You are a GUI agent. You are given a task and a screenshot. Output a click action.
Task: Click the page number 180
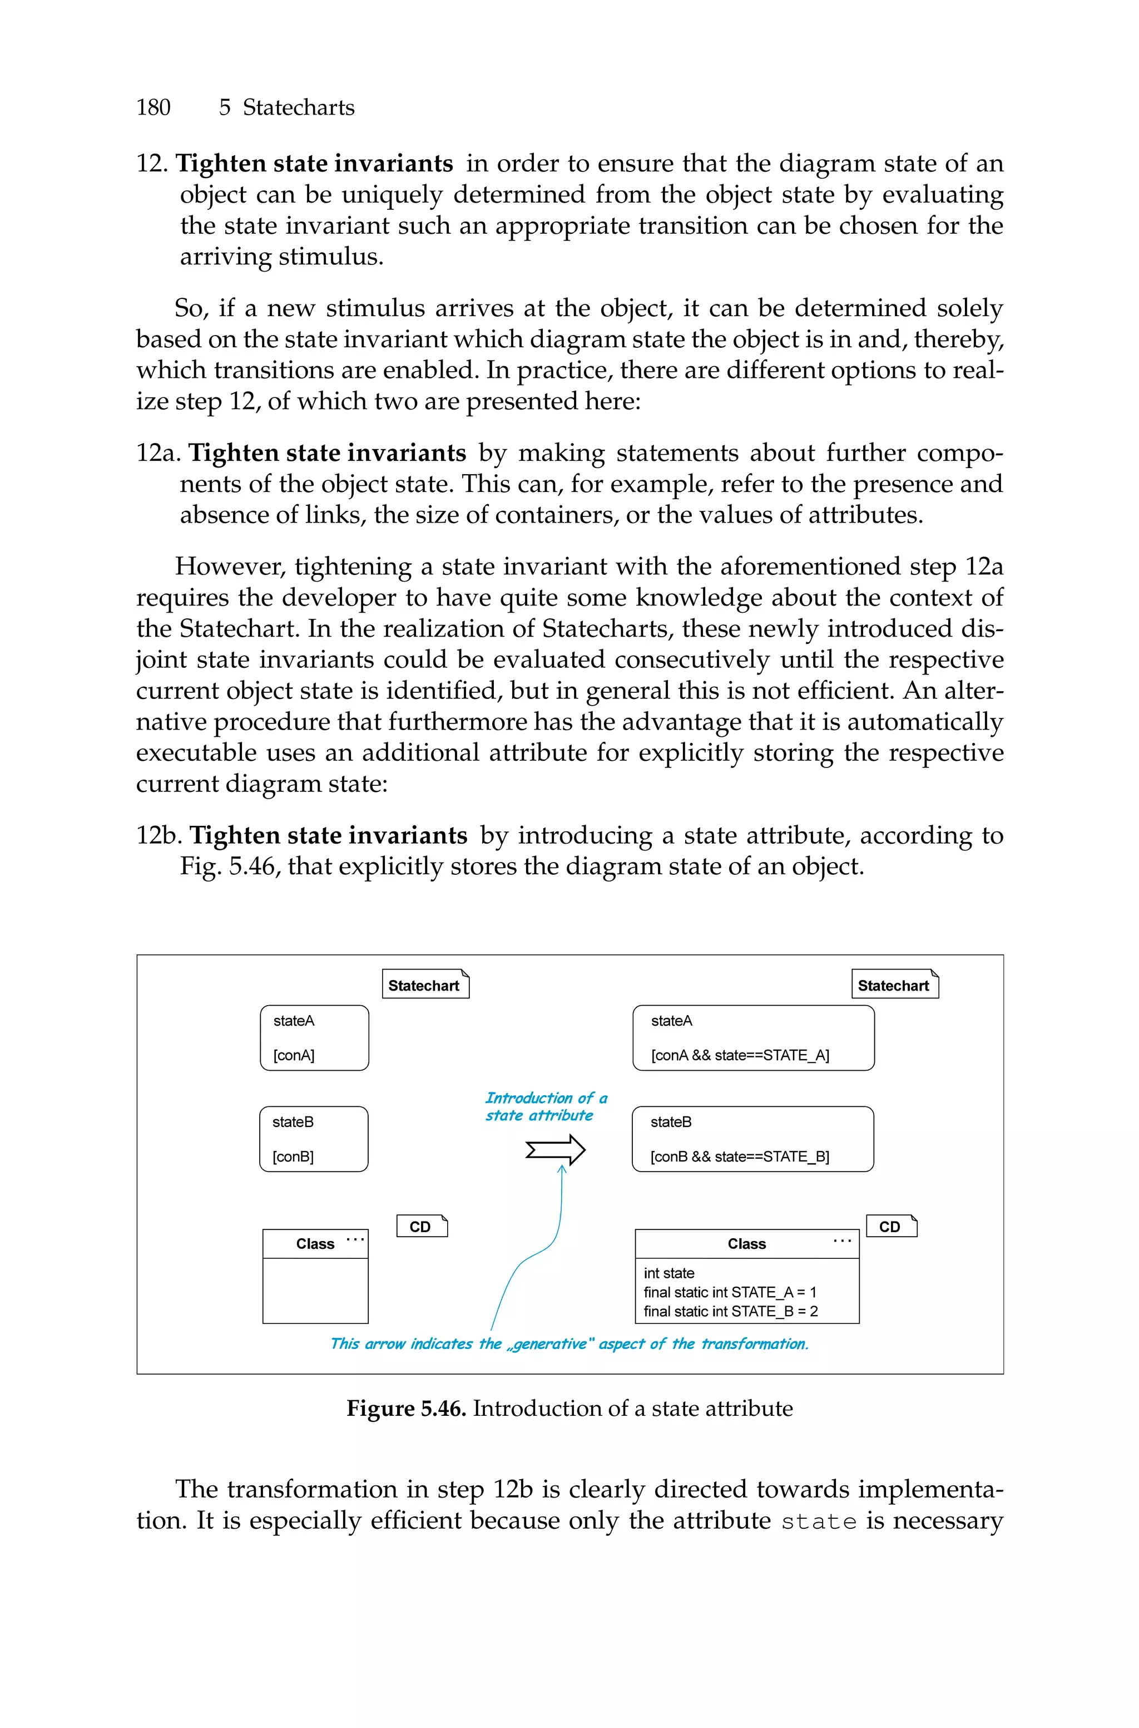(153, 107)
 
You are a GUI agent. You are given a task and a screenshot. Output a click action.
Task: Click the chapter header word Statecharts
(298, 107)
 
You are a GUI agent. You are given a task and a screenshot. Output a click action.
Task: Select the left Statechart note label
(424, 986)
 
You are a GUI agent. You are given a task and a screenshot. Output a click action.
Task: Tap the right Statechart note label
(894, 986)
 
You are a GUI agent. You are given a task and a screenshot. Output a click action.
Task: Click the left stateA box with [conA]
(315, 1038)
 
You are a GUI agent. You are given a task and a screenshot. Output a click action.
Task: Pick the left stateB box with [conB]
(314, 1139)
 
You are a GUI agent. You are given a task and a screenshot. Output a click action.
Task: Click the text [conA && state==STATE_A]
(740, 1055)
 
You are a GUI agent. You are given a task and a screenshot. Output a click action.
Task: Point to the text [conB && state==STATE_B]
(740, 1156)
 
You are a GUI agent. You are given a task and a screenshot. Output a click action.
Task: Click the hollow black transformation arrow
(556, 1150)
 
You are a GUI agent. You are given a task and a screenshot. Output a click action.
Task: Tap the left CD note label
(420, 1227)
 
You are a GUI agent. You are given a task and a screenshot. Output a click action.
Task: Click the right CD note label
(890, 1227)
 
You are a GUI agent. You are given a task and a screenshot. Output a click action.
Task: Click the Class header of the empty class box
(315, 1244)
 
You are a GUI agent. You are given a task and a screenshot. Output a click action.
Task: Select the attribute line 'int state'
(669, 1273)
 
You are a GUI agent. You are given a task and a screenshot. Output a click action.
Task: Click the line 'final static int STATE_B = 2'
(730, 1311)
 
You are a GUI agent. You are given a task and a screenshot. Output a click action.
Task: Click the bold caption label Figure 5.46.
(405, 1408)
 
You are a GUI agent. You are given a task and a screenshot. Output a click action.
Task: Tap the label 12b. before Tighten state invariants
(159, 836)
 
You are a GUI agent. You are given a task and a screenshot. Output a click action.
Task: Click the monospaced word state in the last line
(818, 1522)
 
